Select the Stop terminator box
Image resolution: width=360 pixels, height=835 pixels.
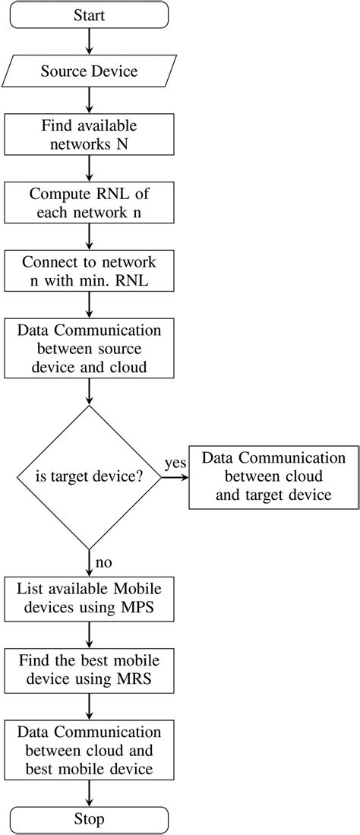pos(90,820)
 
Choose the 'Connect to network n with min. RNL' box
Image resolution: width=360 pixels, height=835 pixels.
pos(90,272)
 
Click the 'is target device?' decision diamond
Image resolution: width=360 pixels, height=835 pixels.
pos(90,477)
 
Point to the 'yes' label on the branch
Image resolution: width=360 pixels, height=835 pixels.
pos(176,463)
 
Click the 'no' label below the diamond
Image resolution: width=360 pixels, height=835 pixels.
pos(104,563)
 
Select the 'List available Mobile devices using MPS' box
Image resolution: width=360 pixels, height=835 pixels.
pos(90,599)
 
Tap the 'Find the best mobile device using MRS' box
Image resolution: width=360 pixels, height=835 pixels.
pos(90,669)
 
